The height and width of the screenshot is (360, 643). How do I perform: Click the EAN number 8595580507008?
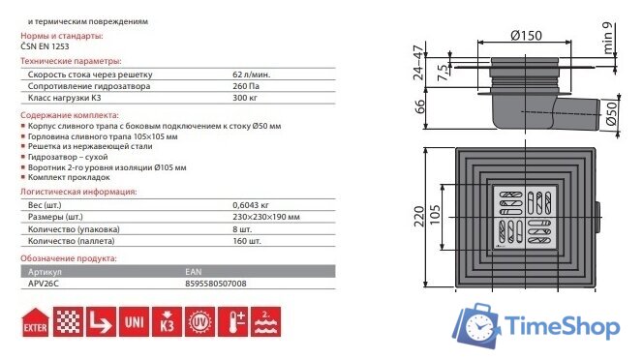216,285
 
